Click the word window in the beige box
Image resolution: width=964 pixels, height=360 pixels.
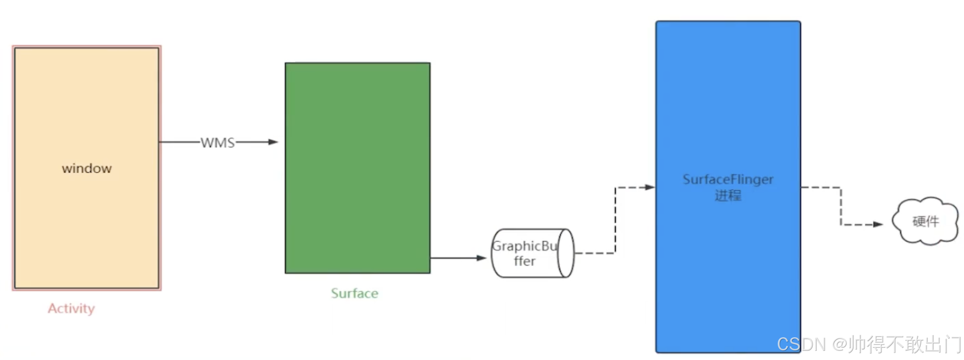click(87, 168)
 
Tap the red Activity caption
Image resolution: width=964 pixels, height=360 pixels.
click(71, 308)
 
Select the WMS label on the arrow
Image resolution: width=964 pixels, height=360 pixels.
click(218, 142)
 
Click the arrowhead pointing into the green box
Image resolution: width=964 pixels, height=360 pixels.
click(274, 142)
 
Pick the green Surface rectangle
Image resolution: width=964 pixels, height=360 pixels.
click(357, 131)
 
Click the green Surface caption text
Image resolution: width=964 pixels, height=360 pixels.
click(354, 293)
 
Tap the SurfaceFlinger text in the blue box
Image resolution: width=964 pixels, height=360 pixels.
click(728, 179)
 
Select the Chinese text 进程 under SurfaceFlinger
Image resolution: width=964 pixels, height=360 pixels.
click(728, 195)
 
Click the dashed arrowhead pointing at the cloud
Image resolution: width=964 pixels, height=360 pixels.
click(878, 225)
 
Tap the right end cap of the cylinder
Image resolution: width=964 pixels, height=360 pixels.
click(565, 253)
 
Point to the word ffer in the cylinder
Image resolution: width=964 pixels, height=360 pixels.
click(524, 261)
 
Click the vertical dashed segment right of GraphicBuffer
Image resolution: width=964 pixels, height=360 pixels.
click(615, 221)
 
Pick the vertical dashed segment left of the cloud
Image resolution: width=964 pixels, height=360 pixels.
click(841, 206)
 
